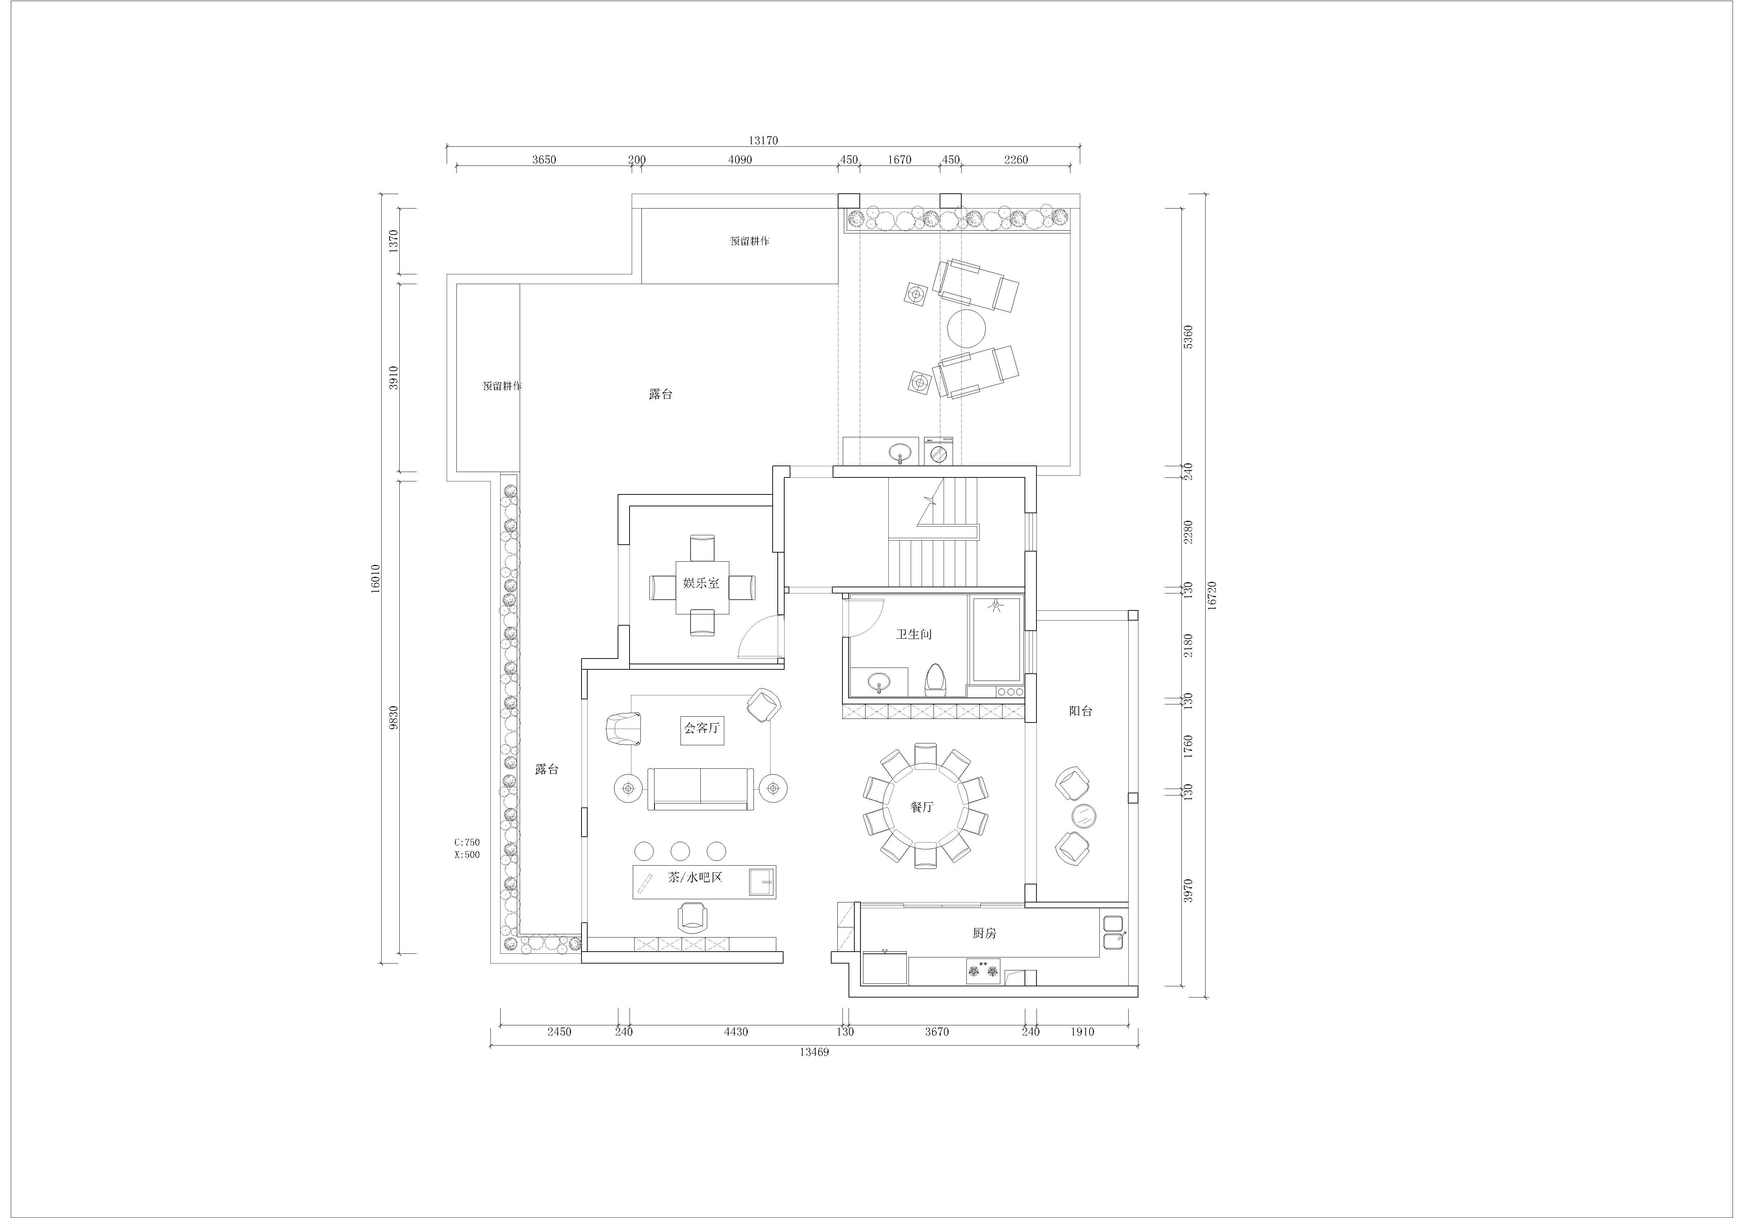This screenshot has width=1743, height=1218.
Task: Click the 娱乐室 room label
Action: (x=701, y=583)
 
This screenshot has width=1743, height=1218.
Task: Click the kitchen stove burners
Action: (x=983, y=971)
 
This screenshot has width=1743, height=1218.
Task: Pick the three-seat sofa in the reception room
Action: (x=700, y=788)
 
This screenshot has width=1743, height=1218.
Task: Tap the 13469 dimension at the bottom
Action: (x=814, y=1052)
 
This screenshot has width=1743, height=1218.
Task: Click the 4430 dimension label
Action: (x=735, y=1032)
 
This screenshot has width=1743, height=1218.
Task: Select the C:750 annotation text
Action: (x=467, y=842)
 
